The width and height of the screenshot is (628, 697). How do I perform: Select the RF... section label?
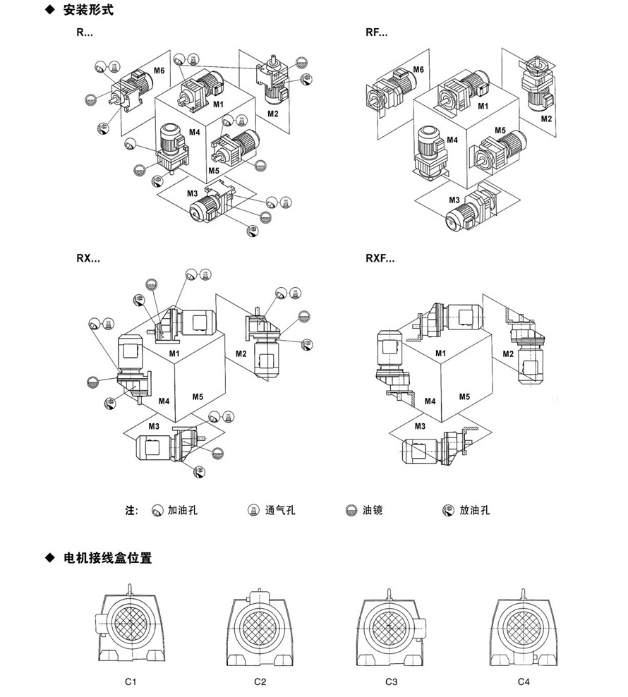376,32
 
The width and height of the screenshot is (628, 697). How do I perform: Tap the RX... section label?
88,258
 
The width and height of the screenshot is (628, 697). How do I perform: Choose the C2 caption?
260,681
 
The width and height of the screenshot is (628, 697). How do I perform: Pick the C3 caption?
392,681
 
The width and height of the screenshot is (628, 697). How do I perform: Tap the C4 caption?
523,681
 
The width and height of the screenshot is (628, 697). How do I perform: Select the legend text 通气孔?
280,510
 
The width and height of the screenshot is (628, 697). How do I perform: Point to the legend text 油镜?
373,510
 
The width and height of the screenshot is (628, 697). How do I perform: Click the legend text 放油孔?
474,510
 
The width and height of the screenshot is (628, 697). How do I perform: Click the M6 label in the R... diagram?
159,71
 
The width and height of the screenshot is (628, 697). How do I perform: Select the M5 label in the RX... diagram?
198,397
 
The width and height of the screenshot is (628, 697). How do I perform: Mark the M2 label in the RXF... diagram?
508,353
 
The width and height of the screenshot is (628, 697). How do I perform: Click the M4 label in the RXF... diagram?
429,401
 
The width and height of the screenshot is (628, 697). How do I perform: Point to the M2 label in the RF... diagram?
546,119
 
